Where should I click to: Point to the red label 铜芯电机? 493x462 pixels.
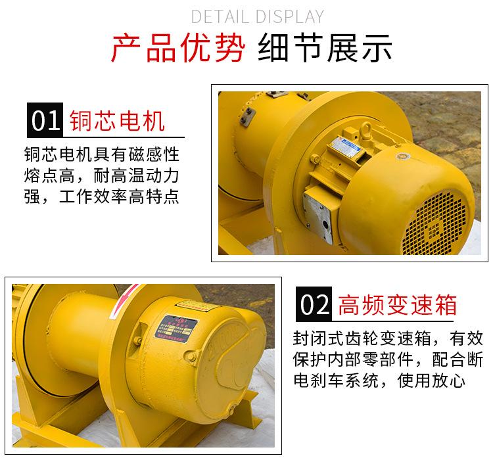pyautogui.click(x=116, y=121)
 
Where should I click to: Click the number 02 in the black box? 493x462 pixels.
pyautogui.click(x=313, y=304)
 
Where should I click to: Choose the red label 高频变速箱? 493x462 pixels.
pyautogui.click(x=397, y=305)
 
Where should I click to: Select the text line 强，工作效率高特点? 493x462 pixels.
pyautogui.click(x=101, y=196)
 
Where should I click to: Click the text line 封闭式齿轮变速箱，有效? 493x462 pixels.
pyautogui.click(x=388, y=339)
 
